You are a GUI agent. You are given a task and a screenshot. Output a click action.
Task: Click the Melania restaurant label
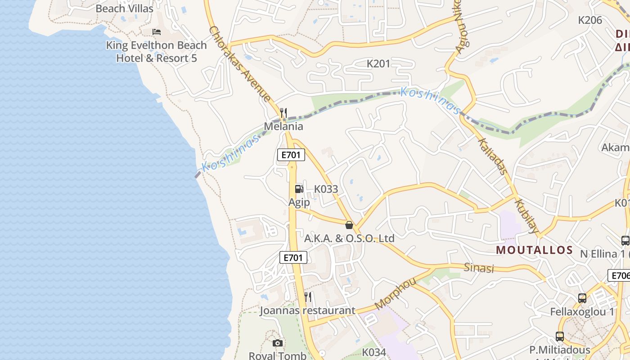pos(283,126)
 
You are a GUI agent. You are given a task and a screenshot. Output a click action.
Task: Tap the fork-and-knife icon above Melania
pos(283,112)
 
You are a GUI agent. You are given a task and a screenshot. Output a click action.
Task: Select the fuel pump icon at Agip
pos(299,189)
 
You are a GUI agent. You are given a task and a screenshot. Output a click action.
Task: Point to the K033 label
pos(326,189)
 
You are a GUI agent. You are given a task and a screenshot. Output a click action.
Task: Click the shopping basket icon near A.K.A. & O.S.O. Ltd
pos(349,225)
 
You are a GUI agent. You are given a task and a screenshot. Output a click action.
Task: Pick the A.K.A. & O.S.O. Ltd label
pos(349,238)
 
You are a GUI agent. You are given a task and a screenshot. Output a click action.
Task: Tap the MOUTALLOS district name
pos(534,250)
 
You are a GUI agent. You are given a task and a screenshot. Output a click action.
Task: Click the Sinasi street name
pos(479,268)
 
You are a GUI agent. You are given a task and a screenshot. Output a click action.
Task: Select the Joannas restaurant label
pos(307,310)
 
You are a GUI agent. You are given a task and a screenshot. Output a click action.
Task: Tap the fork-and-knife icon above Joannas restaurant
pos(308,297)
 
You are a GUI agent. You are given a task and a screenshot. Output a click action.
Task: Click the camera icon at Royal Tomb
pos(278,343)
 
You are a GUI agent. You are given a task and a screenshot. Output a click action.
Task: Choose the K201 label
pos(378,64)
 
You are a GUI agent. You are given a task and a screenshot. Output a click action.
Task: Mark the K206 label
pos(590,20)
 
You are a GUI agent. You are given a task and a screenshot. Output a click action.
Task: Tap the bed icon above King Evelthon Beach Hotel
pos(157,31)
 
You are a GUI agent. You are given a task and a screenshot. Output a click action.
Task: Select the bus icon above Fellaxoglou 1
pos(582,298)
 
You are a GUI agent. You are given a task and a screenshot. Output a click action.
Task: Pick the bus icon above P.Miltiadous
pos(559,336)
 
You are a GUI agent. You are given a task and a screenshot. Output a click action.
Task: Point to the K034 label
pos(374,352)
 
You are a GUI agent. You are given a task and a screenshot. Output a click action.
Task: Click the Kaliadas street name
pos(492,156)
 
